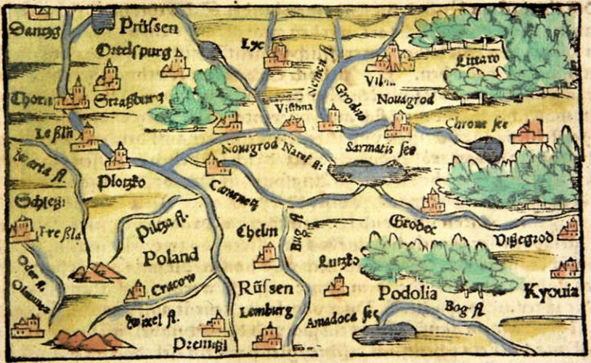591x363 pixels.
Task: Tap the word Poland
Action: click(x=170, y=256)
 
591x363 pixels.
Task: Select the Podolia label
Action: click(x=407, y=293)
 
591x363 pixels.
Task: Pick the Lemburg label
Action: click(x=266, y=312)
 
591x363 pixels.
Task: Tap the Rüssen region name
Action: click(x=266, y=288)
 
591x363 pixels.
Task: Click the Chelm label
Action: click(x=258, y=231)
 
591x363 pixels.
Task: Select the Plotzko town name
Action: click(x=123, y=183)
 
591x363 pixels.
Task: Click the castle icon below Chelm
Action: click(x=266, y=255)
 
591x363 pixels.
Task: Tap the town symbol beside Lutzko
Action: click(x=336, y=285)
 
